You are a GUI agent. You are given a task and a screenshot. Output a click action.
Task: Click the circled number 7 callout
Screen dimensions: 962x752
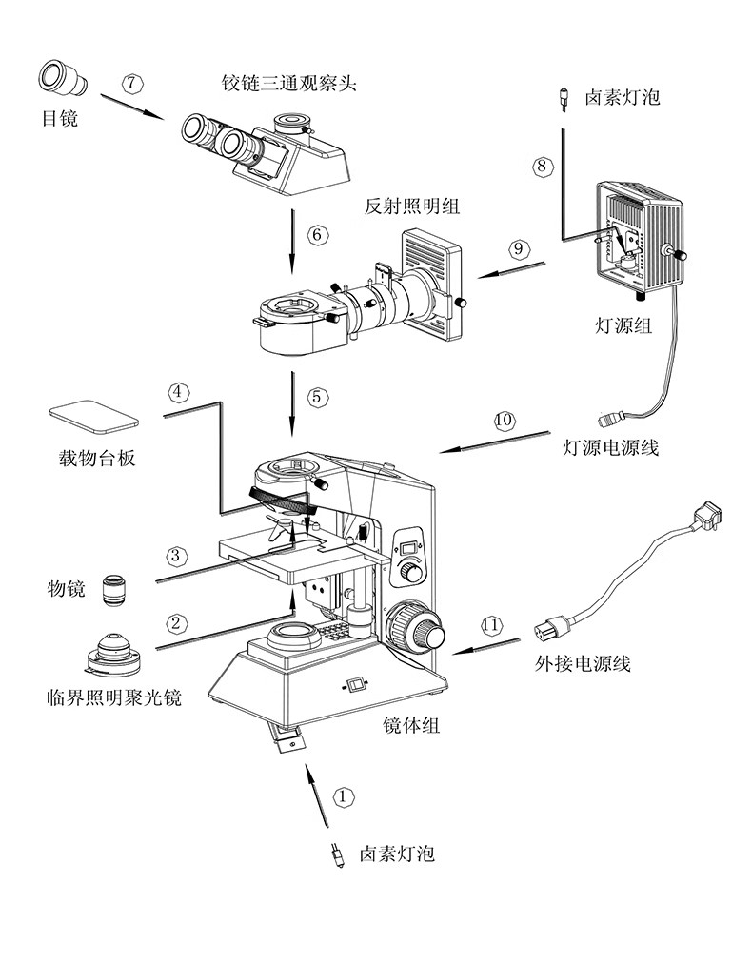[133, 83]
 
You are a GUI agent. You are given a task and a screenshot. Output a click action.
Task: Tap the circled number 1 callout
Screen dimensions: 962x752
[344, 795]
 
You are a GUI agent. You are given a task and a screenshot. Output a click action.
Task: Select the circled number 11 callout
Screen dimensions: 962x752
[491, 625]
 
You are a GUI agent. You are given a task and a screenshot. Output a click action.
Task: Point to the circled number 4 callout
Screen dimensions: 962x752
[178, 391]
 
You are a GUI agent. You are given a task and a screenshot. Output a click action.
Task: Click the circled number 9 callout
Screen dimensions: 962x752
[518, 248]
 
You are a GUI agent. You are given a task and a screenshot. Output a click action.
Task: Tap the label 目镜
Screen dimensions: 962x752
[58, 119]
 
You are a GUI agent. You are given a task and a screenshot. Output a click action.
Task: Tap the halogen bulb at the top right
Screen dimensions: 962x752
[564, 98]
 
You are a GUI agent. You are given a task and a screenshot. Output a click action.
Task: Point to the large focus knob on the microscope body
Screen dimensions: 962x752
[417, 629]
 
